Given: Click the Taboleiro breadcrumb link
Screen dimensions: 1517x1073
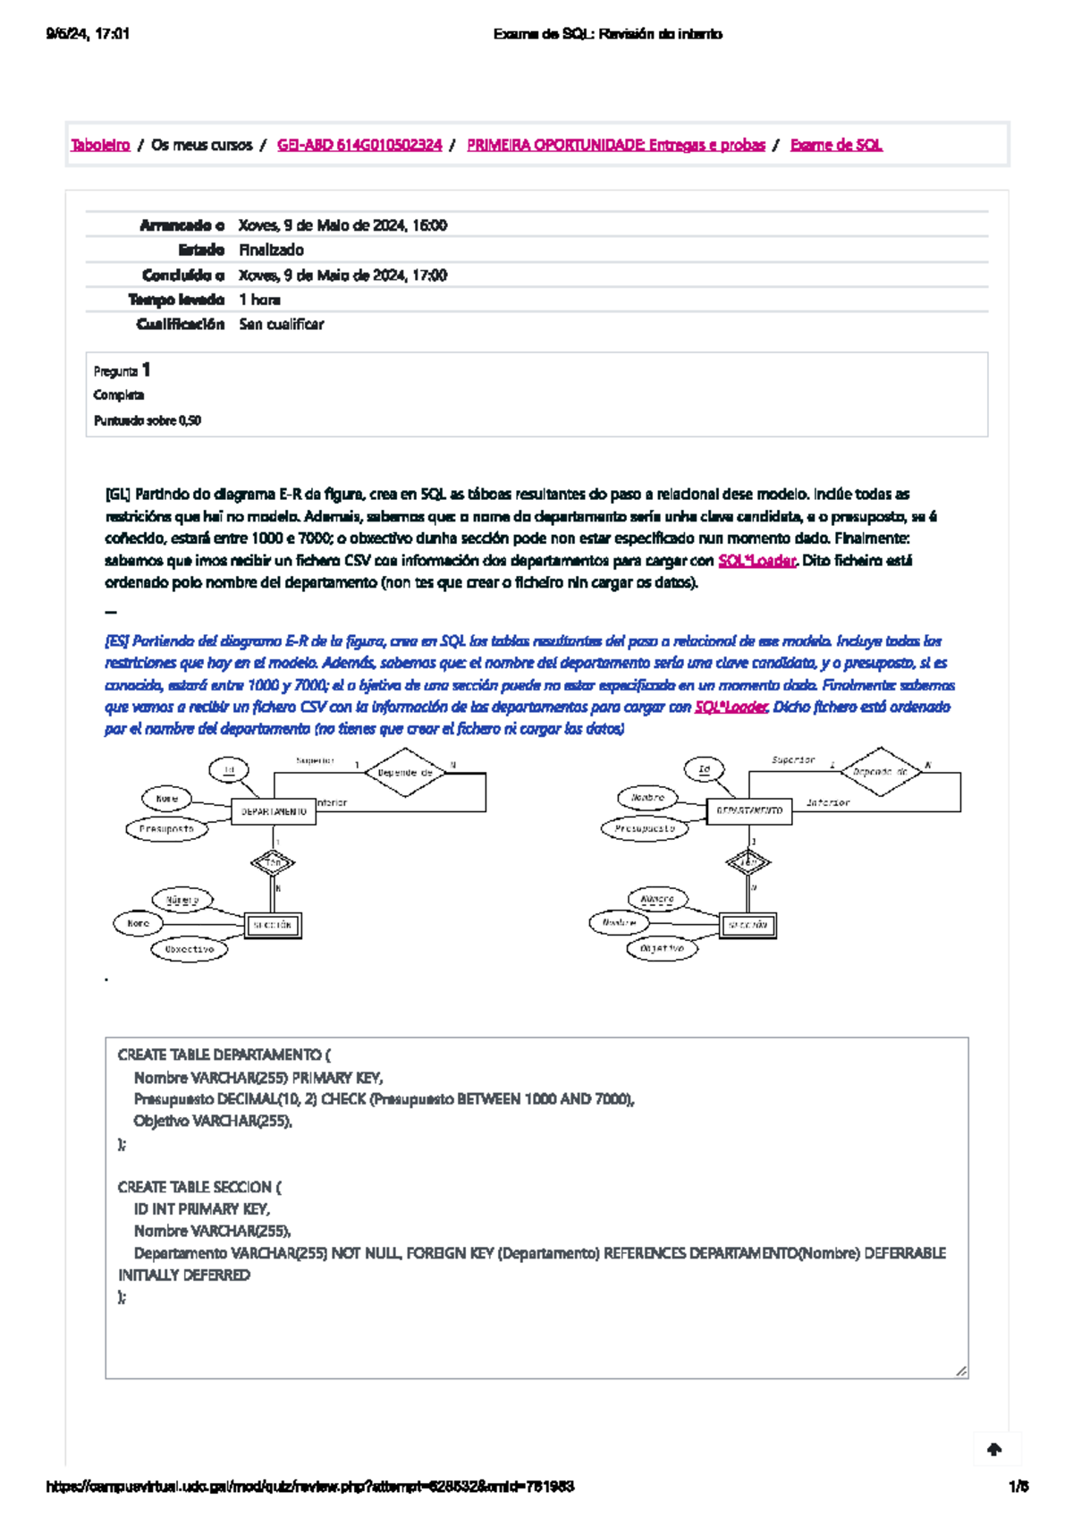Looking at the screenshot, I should pos(100,145).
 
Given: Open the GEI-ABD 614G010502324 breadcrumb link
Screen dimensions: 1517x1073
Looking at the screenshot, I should pos(359,145).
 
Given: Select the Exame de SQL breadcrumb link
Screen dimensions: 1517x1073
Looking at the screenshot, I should pos(836,145).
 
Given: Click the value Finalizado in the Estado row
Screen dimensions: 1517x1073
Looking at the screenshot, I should pos(271,250).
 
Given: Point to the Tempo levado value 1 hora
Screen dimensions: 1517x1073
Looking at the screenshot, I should pos(259,300).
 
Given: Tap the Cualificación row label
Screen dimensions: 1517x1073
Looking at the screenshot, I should pos(180,325).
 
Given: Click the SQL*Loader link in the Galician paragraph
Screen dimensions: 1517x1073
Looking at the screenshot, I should pos(756,561).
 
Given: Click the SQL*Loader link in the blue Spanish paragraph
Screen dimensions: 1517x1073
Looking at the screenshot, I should pos(731,708).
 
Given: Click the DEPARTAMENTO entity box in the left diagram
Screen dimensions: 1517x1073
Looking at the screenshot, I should pos(274,811).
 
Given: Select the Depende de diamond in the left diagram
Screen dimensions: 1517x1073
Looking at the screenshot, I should pos(405,772).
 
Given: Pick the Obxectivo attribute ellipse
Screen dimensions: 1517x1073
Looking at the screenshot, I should pos(190,949).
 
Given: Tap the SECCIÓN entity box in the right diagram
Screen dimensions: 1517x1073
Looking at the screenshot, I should pos(748,925).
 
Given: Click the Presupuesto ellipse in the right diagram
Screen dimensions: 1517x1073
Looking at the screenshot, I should pos(645,828).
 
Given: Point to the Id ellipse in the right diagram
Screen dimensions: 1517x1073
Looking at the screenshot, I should pos(705,768).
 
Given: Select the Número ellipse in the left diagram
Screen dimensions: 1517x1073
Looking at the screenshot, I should pos(182,900).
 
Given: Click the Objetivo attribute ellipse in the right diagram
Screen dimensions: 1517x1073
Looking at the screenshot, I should pos(662,948).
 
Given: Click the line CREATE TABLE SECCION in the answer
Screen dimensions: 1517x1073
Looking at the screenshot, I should pos(199,1187).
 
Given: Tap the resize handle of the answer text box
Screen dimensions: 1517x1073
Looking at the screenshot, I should pos(961,1370).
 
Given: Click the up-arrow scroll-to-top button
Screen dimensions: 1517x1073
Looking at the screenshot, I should pos(994,1450).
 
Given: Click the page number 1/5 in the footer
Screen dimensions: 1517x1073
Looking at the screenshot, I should pos(1018,1487).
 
